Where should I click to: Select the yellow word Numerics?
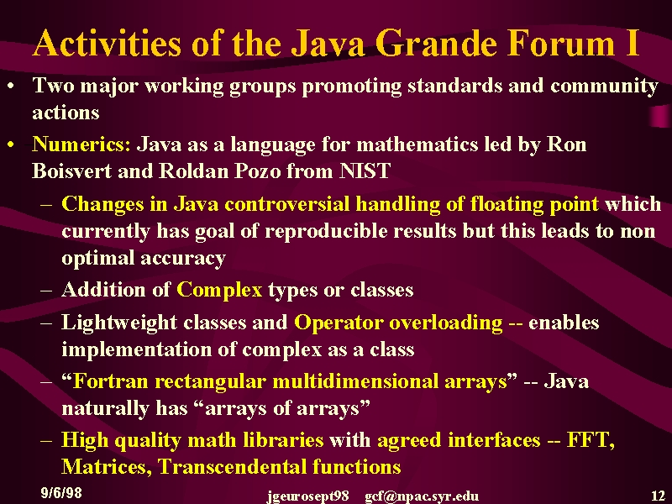coord(81,144)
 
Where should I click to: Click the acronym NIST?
coord(365,171)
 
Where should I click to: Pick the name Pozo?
coord(257,171)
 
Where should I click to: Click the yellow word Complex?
coord(219,290)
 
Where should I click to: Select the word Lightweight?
coord(119,323)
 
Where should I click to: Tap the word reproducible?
coord(326,232)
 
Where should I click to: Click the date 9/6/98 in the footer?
coord(61,493)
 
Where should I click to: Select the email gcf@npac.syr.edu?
coord(422,496)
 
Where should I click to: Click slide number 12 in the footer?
coord(658,496)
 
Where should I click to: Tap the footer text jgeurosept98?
coord(307,496)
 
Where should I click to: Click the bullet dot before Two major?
coord(11,87)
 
